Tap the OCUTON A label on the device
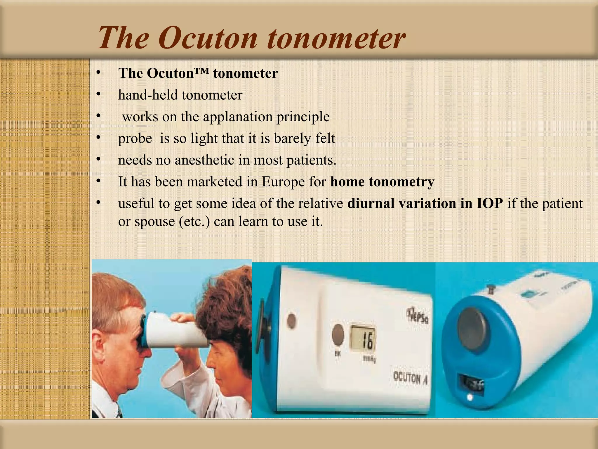410,379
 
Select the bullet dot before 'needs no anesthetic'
98,159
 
